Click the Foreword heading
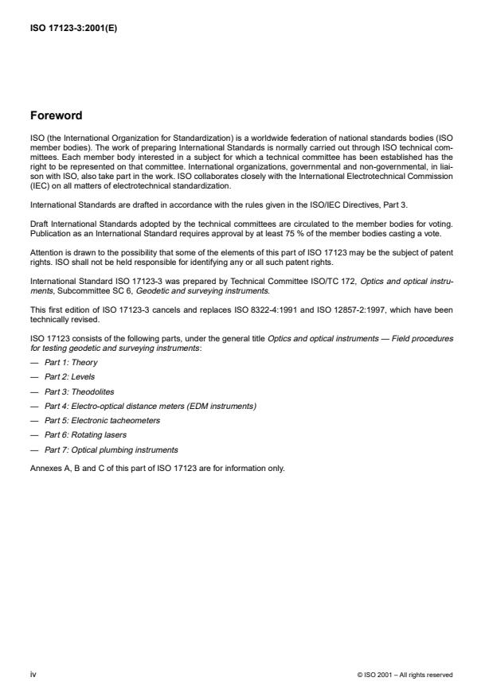coord(55,116)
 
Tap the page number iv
coord(33,674)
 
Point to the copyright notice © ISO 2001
coord(405,675)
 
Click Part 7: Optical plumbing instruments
coord(111,450)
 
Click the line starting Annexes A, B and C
coord(156,468)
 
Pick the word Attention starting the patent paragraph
coord(44,254)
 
